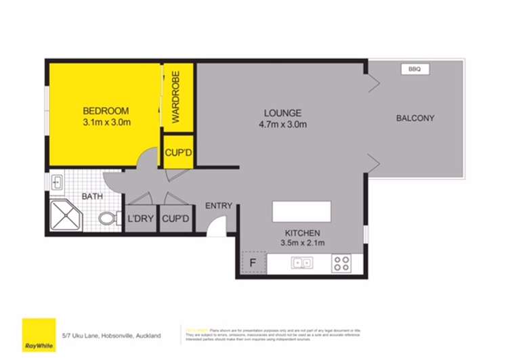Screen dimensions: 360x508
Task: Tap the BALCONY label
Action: (x=415, y=118)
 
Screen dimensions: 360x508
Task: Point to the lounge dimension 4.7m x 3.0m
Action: (x=283, y=125)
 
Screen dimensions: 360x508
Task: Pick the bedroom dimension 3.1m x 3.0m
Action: (x=106, y=122)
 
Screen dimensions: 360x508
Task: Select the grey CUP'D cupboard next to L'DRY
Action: (x=176, y=220)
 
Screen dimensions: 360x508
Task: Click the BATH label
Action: (x=91, y=197)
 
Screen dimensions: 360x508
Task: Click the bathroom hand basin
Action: (x=57, y=182)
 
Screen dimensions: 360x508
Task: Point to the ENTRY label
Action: (x=219, y=206)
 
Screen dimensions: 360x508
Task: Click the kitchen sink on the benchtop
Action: (x=301, y=263)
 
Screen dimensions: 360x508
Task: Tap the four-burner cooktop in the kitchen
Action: (x=340, y=263)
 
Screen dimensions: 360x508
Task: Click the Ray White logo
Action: (x=39, y=333)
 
